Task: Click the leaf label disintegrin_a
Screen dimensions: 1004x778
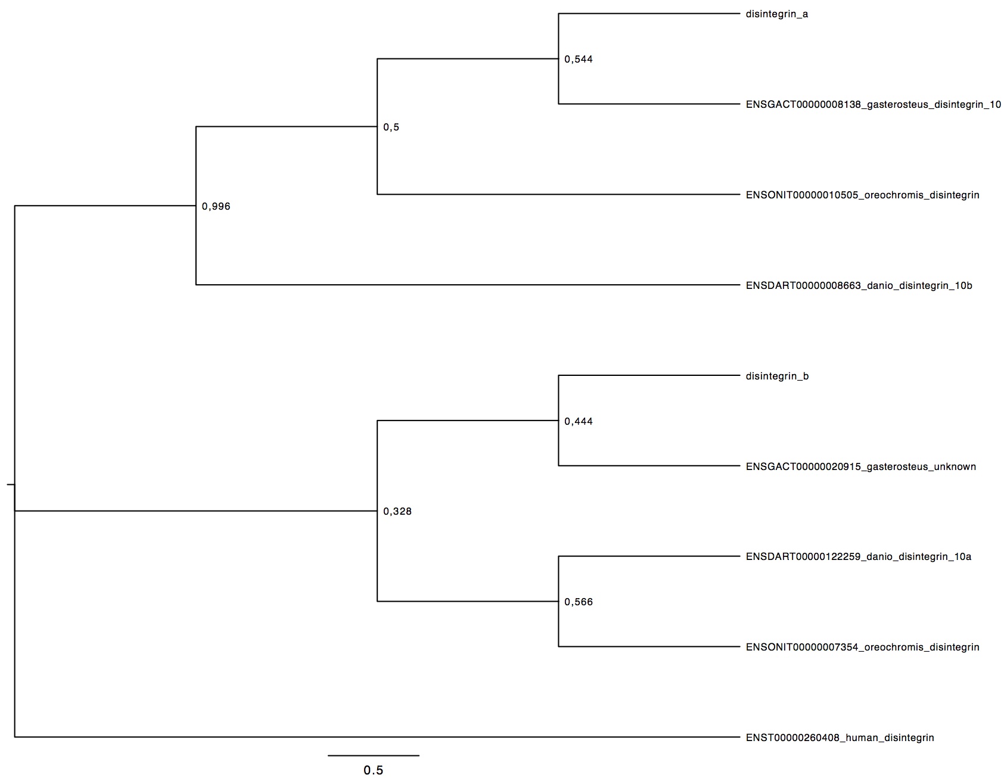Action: pos(776,14)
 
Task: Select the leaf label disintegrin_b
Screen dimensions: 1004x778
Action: pos(777,376)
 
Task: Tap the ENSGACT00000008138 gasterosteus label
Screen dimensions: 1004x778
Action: pos(873,105)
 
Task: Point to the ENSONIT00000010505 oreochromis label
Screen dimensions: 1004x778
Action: pos(862,195)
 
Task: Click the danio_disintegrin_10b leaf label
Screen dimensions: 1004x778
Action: pos(859,286)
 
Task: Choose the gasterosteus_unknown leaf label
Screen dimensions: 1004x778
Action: pos(860,467)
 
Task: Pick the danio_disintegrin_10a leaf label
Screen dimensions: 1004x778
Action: pos(859,557)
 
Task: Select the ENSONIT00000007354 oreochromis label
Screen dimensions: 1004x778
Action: pos(862,648)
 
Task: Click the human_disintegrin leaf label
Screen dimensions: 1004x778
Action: pos(840,738)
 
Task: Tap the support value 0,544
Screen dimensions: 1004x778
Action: pos(579,60)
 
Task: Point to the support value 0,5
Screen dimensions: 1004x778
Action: pos(391,127)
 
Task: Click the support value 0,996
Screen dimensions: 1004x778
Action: pos(216,207)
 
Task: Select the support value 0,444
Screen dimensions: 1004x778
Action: pos(579,422)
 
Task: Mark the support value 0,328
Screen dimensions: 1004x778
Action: pos(397,512)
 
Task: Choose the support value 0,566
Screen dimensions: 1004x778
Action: pos(579,602)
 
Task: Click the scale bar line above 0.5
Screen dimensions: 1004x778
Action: pos(374,755)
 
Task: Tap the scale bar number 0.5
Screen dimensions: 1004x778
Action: pos(374,770)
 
